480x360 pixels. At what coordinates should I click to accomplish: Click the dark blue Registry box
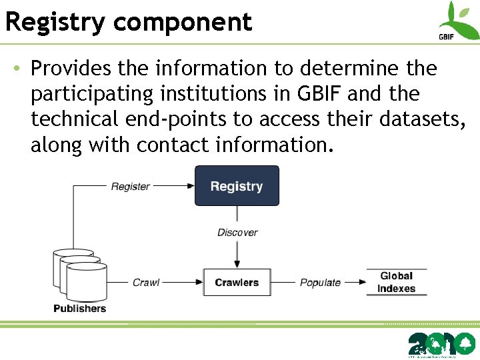tap(237, 186)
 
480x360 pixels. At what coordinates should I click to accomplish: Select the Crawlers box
tap(237, 283)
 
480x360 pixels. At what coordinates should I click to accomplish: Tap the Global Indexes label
tap(397, 282)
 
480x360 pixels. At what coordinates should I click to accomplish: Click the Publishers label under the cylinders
tap(79, 308)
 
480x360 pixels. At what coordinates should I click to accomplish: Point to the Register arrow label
tap(130, 187)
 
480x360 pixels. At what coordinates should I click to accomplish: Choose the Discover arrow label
tap(237, 233)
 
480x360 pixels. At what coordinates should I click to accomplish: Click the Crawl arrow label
tap(146, 283)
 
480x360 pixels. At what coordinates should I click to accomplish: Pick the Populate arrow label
tap(320, 283)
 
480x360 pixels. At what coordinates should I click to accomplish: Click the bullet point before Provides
tap(17, 69)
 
